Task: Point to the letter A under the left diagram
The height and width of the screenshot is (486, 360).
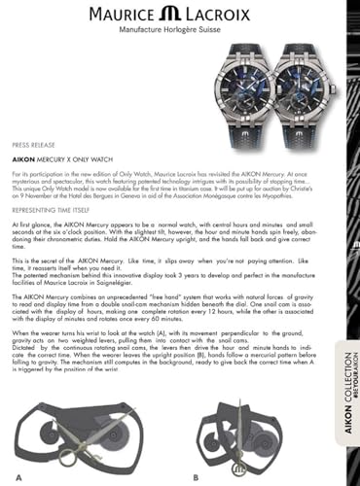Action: click(17, 476)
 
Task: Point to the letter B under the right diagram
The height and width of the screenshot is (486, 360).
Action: click(195, 476)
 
